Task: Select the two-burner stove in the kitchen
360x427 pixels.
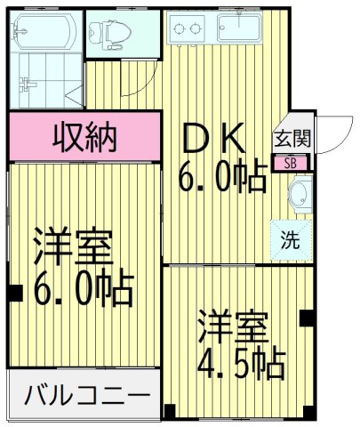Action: click(188, 28)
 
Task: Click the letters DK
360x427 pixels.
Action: click(213, 139)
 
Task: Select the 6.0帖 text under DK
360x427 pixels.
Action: click(222, 179)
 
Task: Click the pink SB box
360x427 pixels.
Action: click(291, 163)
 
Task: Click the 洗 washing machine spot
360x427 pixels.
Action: click(292, 238)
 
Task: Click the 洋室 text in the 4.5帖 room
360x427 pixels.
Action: click(233, 326)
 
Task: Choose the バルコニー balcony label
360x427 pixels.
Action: click(86, 392)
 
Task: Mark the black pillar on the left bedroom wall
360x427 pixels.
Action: click(14, 290)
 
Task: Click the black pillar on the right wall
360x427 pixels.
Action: click(308, 318)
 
